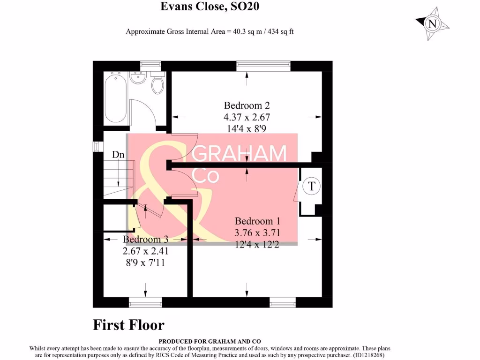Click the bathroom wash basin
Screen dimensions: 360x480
tap(138, 78)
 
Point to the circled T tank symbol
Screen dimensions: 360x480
tap(311, 186)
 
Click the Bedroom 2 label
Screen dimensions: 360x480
tap(247, 105)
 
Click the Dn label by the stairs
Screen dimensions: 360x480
tap(118, 154)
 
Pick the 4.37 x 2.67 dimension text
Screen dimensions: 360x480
tap(247, 117)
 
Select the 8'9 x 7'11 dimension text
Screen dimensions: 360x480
tap(145, 263)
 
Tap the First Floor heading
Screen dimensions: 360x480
tap(128, 325)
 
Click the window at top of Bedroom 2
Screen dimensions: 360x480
tap(263, 66)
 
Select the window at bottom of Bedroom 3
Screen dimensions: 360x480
tap(145, 303)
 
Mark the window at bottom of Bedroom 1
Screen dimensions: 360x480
tap(283, 303)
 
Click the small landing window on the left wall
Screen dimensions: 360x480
tap(96, 147)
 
